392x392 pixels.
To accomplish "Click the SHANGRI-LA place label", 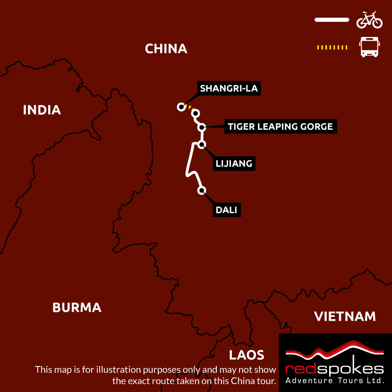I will coord(229,88).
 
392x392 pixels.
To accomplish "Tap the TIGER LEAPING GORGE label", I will coord(280,127).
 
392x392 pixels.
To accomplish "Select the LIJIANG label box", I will coord(234,164).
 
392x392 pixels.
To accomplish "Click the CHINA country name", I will coord(166,49).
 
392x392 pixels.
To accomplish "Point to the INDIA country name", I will coord(42,110).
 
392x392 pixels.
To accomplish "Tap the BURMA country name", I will coord(77,307).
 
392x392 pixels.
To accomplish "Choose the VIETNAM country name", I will coord(345,316).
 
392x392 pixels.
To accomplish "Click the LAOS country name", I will coord(246,355).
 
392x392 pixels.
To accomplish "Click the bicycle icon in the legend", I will coord(369,20).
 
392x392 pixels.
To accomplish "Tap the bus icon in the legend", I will coord(369,47).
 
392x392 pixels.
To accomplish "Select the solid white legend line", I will coord(331,20).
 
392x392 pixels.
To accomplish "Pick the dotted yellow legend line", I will coord(332,47).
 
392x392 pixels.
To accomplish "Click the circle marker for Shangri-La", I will coord(180,107).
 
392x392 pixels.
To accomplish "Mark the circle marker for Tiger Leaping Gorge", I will coord(202,127).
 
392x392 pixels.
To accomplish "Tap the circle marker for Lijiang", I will coord(202,145).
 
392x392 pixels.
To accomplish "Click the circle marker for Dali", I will coord(202,190).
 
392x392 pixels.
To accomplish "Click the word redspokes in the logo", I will coord(335,368).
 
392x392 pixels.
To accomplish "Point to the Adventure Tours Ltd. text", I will coord(335,380).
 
